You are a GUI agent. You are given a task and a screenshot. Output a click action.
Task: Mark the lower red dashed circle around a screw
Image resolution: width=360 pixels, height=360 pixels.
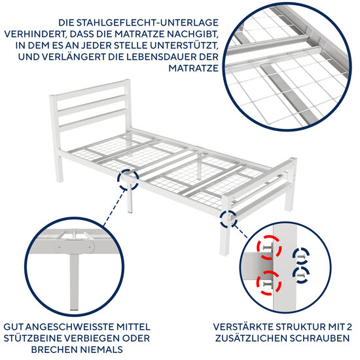[x=268, y=282]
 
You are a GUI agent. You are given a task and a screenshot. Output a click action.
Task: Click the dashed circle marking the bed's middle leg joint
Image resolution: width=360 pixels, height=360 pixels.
[x=128, y=177]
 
